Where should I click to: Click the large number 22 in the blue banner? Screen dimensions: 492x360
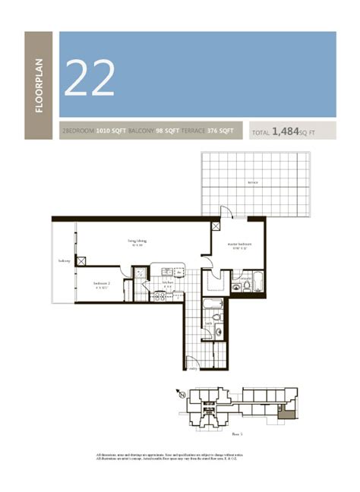[x=90, y=77]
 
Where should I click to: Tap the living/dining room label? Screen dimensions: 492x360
[x=137, y=243]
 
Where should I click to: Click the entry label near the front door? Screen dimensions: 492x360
[x=193, y=369]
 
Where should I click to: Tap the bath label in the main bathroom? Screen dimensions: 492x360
[x=208, y=324]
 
